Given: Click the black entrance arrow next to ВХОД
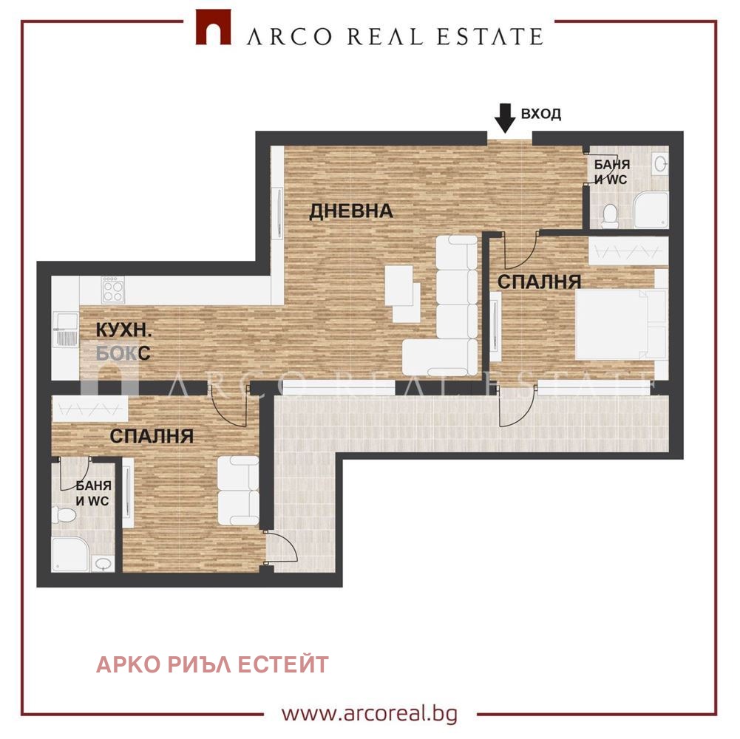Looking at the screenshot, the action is (x=505, y=118).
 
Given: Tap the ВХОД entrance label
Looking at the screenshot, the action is (x=541, y=114).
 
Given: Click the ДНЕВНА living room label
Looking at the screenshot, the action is (x=351, y=211).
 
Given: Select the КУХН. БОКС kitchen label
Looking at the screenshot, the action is (x=123, y=341).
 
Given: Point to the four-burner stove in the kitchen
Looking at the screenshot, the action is (x=113, y=290).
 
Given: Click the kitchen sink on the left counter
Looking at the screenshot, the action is (x=66, y=330).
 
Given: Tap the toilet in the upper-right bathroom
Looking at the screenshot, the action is (x=611, y=215).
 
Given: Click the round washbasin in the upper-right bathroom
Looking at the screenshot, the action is (x=661, y=163).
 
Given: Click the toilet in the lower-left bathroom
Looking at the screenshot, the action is (x=64, y=514).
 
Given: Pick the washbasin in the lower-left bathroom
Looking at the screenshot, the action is (x=103, y=563).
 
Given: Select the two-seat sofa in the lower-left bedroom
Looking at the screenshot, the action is (x=238, y=491).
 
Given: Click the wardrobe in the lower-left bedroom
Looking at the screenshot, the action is (x=89, y=409).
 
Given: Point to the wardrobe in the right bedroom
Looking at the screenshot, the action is (x=628, y=250).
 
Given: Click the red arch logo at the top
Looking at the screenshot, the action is (x=214, y=27).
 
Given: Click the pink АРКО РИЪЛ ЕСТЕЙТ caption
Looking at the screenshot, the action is (x=212, y=665).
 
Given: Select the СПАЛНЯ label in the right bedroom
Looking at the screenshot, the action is (x=540, y=282).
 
